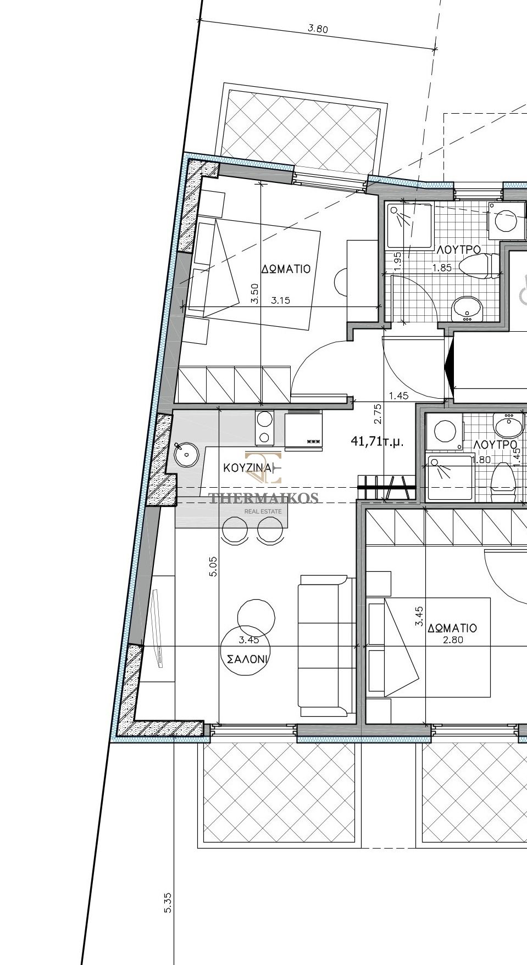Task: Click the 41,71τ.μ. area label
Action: tap(377, 440)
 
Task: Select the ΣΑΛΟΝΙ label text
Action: tap(247, 659)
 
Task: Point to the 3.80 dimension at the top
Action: tap(318, 29)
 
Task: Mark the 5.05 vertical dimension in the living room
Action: tap(213, 566)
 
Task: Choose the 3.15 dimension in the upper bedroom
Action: tap(280, 300)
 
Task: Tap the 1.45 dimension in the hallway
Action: tap(398, 395)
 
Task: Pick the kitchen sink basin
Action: tap(185, 454)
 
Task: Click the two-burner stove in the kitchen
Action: tap(264, 428)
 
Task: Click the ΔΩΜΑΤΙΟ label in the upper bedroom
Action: tap(286, 269)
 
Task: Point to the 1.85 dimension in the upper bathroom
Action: tap(442, 268)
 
